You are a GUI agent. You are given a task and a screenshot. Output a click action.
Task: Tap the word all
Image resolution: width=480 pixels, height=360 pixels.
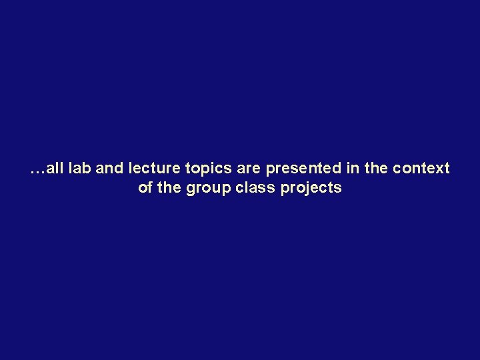click(x=55, y=169)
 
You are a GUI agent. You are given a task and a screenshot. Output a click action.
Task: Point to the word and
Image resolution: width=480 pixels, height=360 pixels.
click(x=111, y=169)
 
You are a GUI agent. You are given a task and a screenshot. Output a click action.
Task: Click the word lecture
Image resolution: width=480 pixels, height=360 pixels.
click(x=151, y=169)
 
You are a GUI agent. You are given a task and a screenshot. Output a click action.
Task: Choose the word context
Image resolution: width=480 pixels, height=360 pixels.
click(x=421, y=169)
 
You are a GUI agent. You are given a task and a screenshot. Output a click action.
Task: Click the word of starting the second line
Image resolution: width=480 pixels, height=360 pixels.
click(x=145, y=187)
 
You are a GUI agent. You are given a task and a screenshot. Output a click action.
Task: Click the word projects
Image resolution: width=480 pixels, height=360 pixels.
click(x=311, y=189)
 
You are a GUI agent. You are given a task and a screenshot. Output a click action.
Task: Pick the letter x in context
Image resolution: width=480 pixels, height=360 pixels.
click(x=439, y=169)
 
